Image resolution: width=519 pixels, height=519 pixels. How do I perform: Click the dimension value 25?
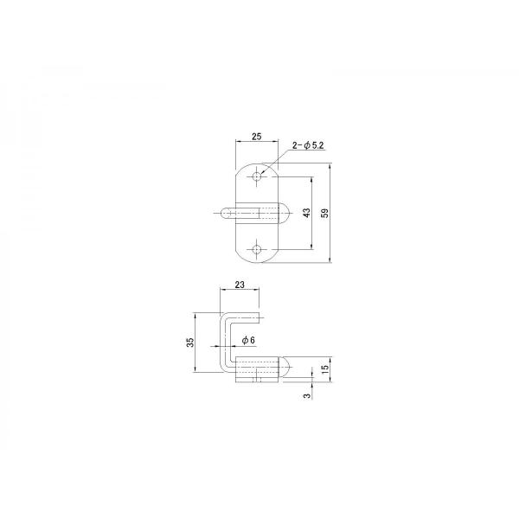click(x=257, y=136)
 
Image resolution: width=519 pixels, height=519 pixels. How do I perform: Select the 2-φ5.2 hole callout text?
click(x=308, y=145)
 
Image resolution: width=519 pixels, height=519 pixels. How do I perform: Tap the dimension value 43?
click(x=307, y=213)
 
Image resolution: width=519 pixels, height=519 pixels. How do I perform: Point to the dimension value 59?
click(x=325, y=213)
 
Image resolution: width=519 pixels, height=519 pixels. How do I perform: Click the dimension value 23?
click(x=240, y=285)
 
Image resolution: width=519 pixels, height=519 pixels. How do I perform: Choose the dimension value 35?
click(x=190, y=343)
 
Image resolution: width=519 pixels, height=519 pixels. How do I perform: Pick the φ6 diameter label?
click(x=248, y=340)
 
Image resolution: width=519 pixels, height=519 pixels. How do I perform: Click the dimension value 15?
click(x=325, y=368)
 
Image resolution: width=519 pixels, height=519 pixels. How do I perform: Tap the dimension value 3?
click(x=307, y=396)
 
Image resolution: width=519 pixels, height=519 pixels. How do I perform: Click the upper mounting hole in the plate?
click(x=257, y=176)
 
